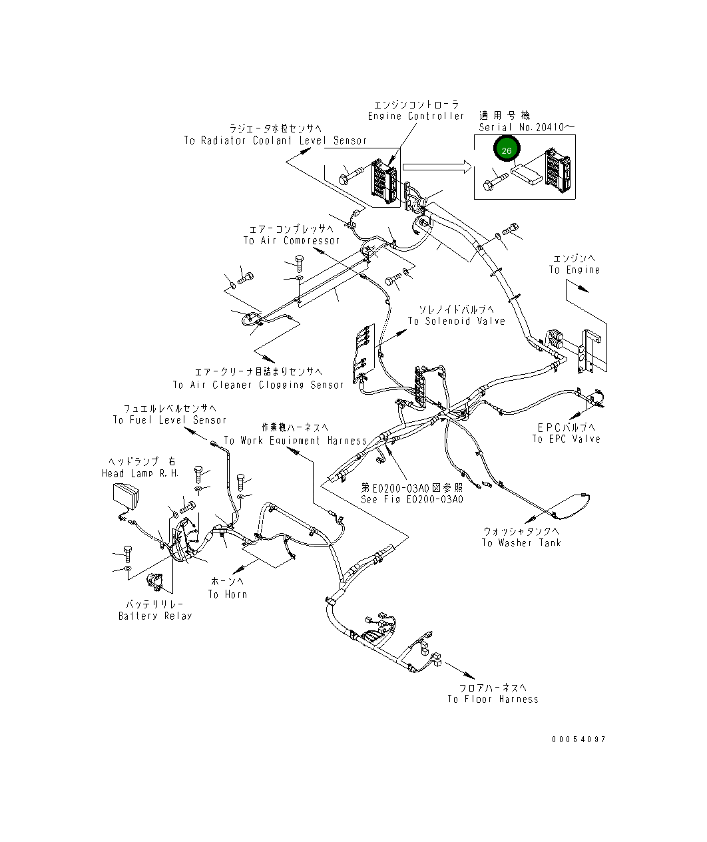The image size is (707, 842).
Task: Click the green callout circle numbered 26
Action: pos(507,149)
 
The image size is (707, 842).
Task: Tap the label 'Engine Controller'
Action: pos(416,116)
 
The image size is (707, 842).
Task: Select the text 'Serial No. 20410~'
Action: pos(527,127)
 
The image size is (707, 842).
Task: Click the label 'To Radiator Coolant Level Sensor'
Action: pos(276,140)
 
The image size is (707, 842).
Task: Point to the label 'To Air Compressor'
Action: pos(291,240)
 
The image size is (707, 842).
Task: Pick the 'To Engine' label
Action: pos(575,270)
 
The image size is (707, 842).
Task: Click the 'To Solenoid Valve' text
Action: pos(456,321)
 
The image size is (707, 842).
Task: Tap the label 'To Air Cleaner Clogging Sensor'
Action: pos(258,385)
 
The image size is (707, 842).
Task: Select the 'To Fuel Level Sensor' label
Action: pos(169,420)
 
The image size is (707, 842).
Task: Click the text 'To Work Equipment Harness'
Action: pos(295,441)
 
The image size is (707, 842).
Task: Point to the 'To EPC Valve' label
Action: pos(567,439)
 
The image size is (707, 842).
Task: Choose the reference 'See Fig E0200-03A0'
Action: pos(412,499)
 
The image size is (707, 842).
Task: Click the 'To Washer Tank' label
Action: pos(521,542)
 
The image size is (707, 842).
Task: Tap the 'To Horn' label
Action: pos(228,594)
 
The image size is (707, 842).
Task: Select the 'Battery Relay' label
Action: pos(155,616)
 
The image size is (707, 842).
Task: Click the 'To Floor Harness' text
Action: pos(493,699)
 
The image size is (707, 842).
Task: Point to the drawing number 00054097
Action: pos(579,739)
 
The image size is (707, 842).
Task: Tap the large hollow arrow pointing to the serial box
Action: pos(437,166)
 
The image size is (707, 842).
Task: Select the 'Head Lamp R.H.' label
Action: pos(140,473)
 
